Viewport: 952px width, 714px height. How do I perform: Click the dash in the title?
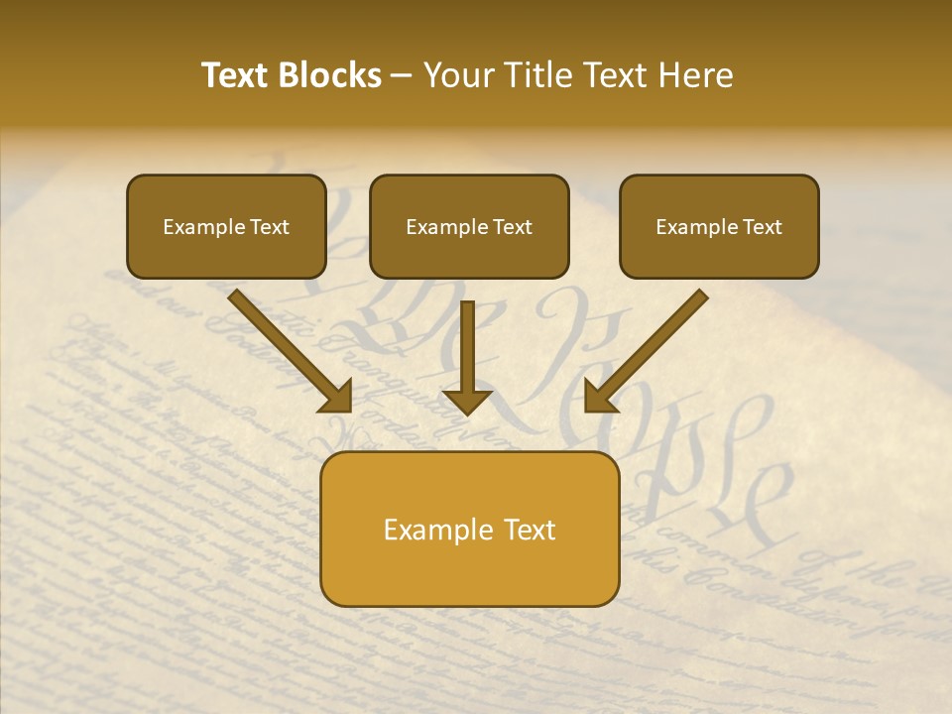tap(402, 76)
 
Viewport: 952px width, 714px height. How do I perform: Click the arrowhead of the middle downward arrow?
tap(466, 401)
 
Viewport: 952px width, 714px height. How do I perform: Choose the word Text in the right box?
tap(763, 227)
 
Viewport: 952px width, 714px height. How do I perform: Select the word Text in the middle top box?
tap(513, 227)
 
